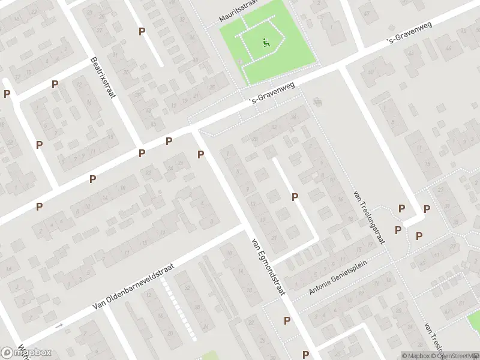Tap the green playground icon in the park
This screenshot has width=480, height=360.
click(x=266, y=42)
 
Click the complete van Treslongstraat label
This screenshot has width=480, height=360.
click(x=369, y=217)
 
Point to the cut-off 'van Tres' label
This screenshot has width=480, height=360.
click(x=433, y=339)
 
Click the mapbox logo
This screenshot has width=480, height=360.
click(x=26, y=352)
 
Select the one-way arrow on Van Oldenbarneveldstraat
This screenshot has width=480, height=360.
click(x=58, y=326)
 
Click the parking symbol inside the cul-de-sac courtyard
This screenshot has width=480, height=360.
click(x=295, y=197)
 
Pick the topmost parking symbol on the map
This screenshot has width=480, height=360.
click(x=142, y=31)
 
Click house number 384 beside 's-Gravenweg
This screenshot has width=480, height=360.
click(x=316, y=101)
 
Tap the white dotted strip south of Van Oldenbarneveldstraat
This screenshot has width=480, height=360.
click(x=180, y=312)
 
